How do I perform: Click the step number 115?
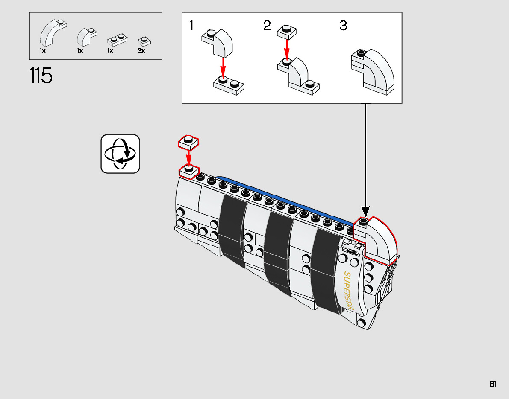(x=41, y=76)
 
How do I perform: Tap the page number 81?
(x=493, y=384)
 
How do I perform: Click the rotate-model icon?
(x=120, y=154)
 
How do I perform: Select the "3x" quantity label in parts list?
(x=141, y=50)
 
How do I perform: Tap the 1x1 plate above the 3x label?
(x=142, y=41)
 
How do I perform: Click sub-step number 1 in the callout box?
(x=192, y=26)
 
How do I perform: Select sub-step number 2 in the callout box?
(x=267, y=26)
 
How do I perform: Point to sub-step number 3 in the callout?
(x=343, y=26)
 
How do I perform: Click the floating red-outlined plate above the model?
(x=188, y=142)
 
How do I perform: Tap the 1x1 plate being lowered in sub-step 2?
(x=287, y=32)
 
